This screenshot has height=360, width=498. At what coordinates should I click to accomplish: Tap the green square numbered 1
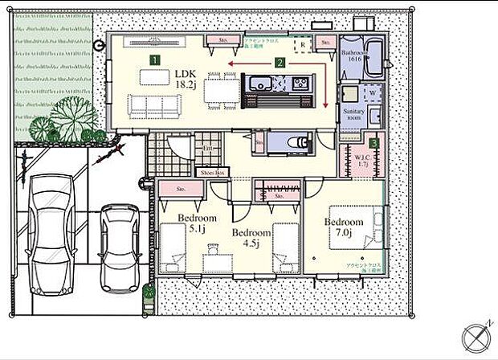(x=153, y=59)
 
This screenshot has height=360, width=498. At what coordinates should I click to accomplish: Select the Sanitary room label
(x=354, y=112)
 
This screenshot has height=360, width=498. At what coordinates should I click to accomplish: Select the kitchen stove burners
(x=299, y=83)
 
